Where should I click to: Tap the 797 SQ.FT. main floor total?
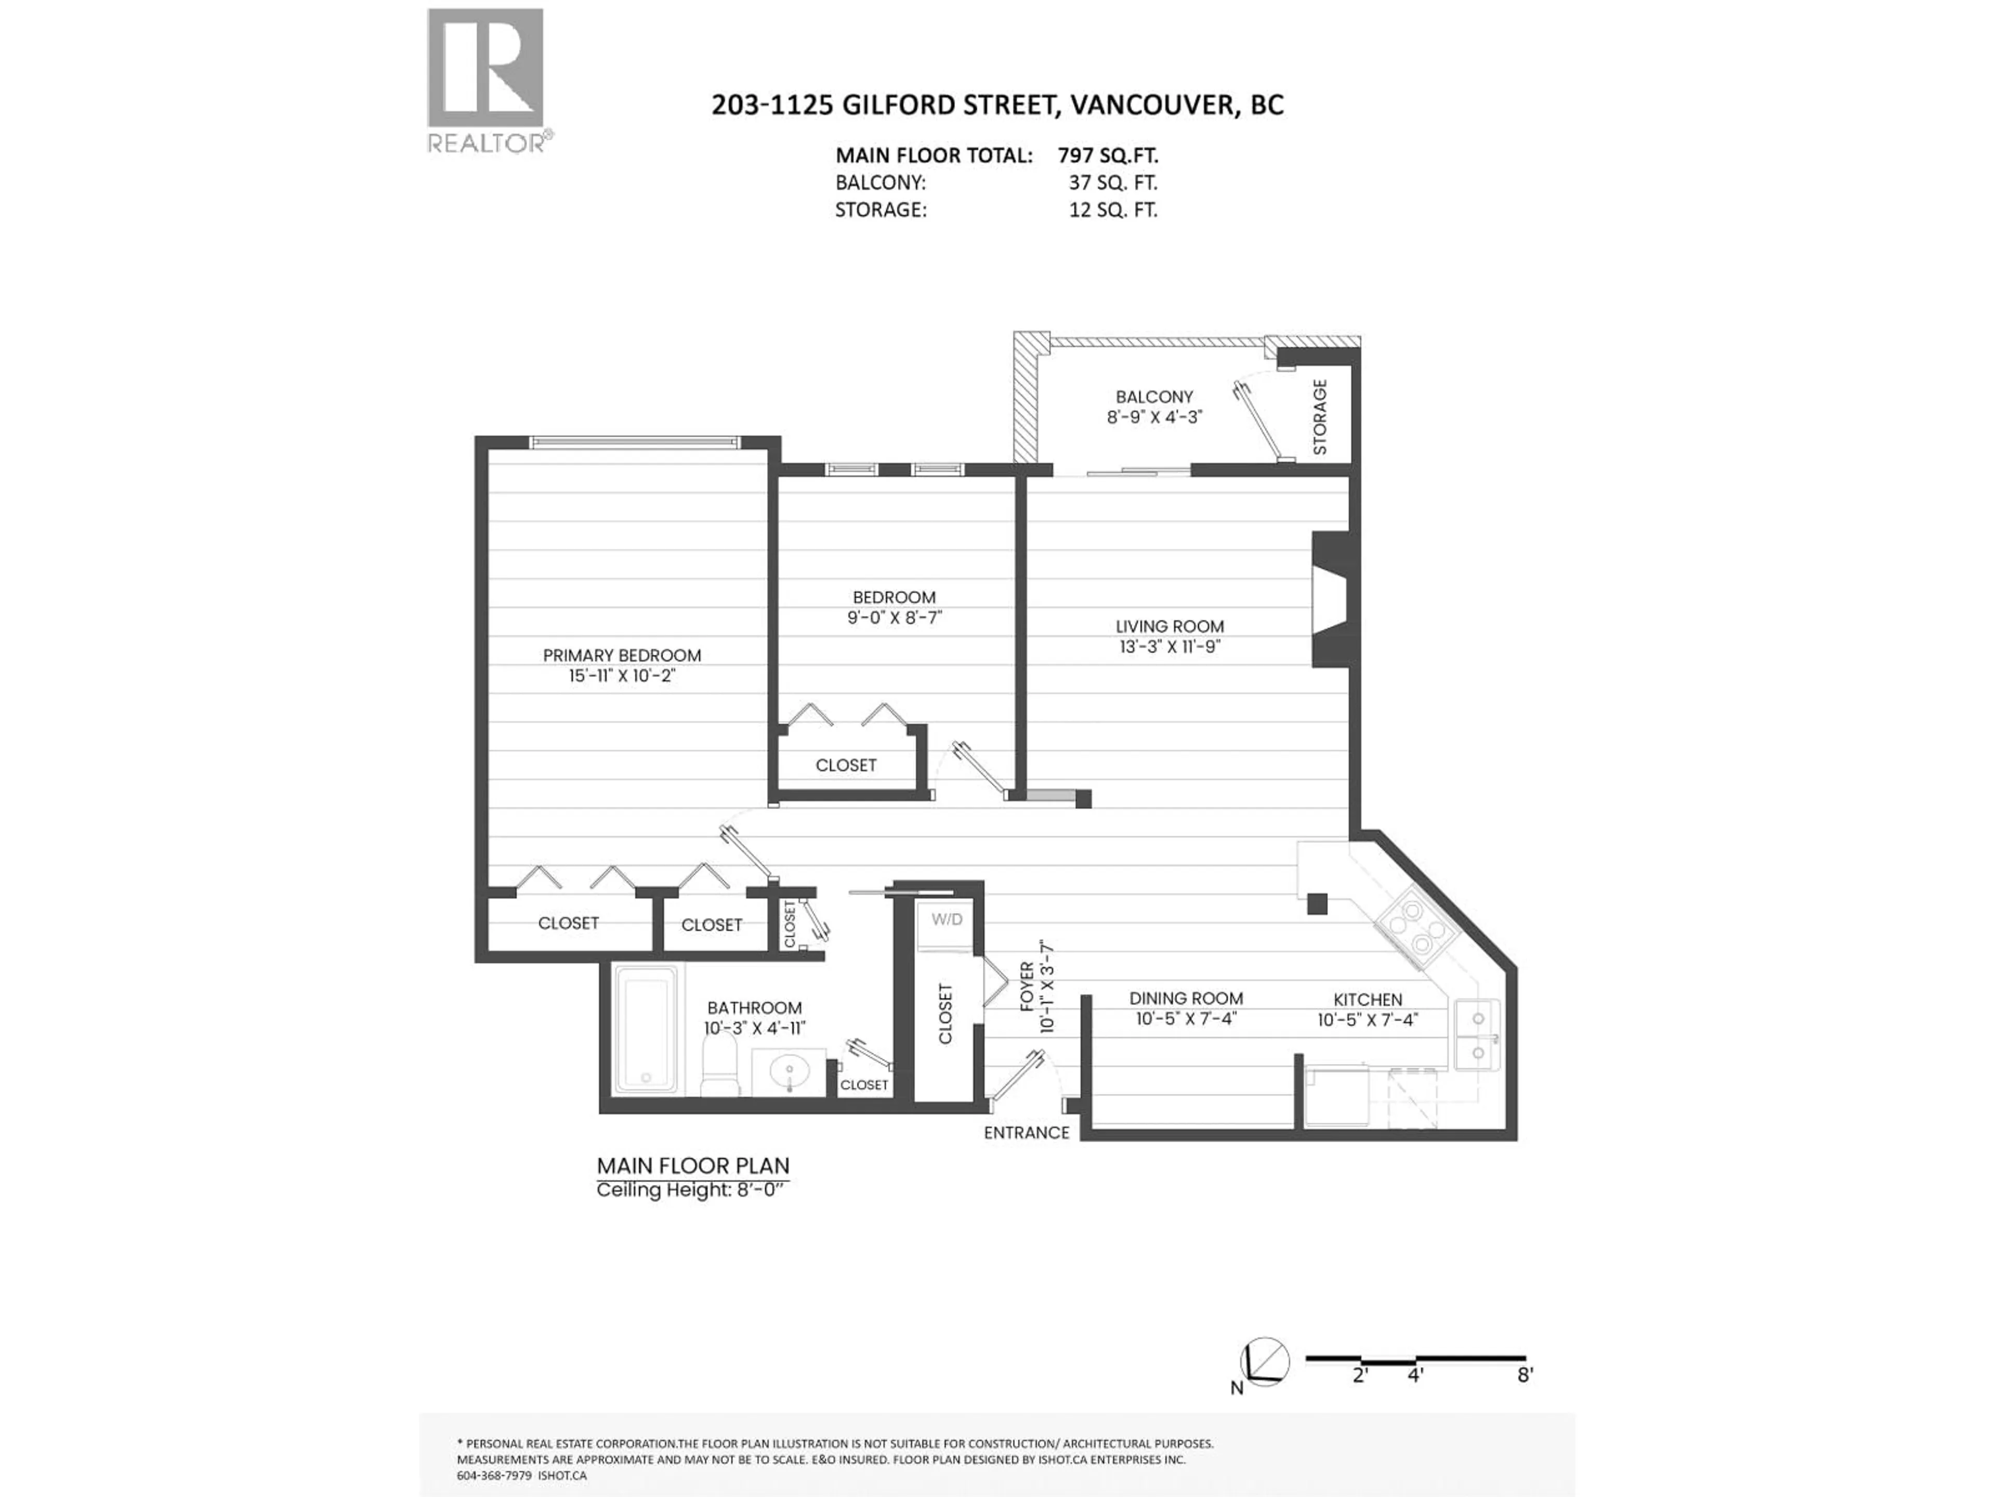1108,155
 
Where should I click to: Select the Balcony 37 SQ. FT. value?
1112,182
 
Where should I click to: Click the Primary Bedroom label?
622,655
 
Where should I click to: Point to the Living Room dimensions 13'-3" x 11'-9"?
1170,646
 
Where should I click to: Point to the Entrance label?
1026,1133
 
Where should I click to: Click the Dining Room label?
1186,998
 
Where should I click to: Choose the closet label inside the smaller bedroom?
846,765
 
